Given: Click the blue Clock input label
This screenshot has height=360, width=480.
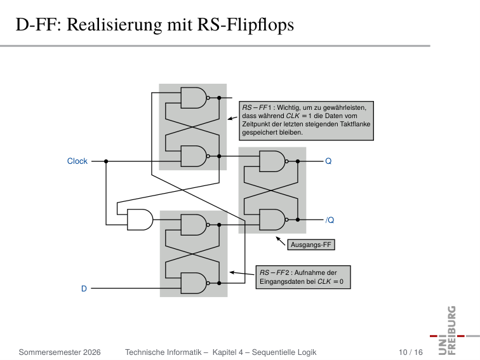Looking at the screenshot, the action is pyautogui.click(x=77, y=161).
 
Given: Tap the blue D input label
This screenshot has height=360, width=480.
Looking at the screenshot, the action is pyautogui.click(x=84, y=289).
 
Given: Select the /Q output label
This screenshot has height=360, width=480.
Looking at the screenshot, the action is pyautogui.click(x=330, y=220).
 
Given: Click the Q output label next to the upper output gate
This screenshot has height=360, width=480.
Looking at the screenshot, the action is pyautogui.click(x=328, y=161).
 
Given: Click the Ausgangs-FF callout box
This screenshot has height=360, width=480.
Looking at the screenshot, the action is pyautogui.click(x=311, y=245).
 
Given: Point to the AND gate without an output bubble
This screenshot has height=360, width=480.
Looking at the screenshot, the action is pyautogui.click(x=140, y=220).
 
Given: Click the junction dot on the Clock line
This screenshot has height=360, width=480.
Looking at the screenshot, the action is pyautogui.click(x=106, y=161).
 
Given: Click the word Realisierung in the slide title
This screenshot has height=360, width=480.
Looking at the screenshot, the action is pyautogui.click(x=114, y=25).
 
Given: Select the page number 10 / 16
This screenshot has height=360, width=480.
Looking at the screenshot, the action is pyautogui.click(x=411, y=352).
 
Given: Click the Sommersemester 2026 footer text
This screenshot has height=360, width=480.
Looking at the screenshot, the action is pyautogui.click(x=60, y=352).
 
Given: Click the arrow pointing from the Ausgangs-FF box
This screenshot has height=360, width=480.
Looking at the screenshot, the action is pyautogui.click(x=281, y=241).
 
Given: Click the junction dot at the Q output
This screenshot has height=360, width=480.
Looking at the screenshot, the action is pyautogui.click(x=298, y=161).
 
